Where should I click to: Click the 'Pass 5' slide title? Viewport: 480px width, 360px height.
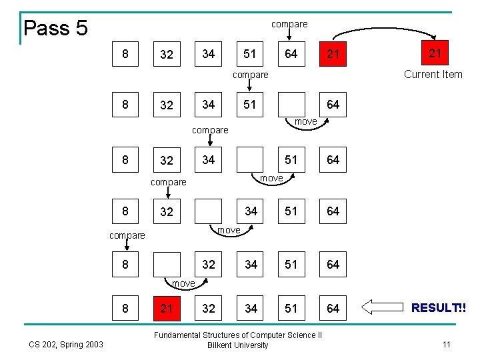point(55,28)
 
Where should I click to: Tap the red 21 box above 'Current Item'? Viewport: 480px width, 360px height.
point(435,53)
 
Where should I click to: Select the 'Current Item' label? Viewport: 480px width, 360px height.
point(433,74)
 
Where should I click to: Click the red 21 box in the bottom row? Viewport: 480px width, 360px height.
point(167,307)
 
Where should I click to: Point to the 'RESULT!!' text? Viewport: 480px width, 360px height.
point(439,307)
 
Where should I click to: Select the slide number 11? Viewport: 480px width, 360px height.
point(447,344)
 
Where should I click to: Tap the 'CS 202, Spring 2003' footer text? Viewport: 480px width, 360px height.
point(65,344)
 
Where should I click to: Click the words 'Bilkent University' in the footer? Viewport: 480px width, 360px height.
point(238,345)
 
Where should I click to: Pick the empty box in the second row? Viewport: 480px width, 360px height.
point(291,104)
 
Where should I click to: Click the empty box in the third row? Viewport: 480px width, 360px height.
point(250,159)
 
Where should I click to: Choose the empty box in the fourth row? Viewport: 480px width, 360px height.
point(208,211)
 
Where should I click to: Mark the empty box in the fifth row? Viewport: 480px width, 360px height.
point(167,265)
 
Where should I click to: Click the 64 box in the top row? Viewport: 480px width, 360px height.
point(291,53)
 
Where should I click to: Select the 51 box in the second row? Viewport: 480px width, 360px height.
point(250,104)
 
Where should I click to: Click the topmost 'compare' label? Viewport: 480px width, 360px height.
point(289,24)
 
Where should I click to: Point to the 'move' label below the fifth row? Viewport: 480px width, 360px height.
point(183,283)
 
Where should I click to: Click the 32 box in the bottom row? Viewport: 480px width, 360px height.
point(208,307)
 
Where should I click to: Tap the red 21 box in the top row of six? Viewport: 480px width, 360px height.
point(333,53)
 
